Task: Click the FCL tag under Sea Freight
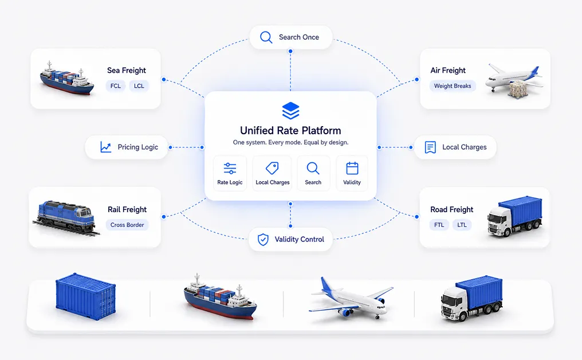pos(116,86)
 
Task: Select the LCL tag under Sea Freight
pos(139,86)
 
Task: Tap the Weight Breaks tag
pos(453,86)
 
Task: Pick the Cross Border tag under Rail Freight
pos(127,225)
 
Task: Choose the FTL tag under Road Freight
pos(439,225)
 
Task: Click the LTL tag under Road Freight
pos(462,225)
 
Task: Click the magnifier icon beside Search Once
pos(266,37)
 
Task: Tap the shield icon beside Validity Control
pos(263,240)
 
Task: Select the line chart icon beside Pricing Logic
pos(106,147)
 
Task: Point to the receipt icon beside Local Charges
pos(430,147)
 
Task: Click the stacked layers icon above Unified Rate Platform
pos(290,110)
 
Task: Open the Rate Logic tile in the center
pos(230,174)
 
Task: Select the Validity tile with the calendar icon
pos(352,174)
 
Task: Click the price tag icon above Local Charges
pos(273,168)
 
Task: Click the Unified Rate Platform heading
pos(290,130)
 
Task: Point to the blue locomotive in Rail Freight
pos(65,217)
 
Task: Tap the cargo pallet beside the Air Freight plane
pos(517,90)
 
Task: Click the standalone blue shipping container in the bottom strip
pos(86,296)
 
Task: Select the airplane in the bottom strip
pos(351,297)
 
